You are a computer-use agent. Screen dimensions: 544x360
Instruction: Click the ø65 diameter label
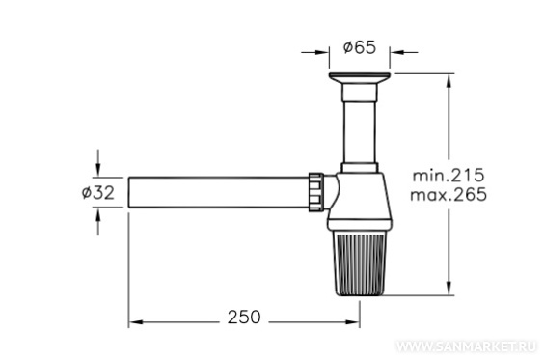[x=360, y=47]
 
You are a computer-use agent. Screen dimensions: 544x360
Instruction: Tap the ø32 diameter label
[x=98, y=193]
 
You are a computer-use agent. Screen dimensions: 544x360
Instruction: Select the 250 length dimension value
[x=244, y=318]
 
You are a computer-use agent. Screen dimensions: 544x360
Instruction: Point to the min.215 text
[x=448, y=175]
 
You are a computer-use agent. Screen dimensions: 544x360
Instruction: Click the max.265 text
[x=449, y=194]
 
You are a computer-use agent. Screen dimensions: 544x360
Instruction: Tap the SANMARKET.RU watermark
[x=466, y=346]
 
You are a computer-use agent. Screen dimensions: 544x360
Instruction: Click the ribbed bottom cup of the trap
[x=360, y=263]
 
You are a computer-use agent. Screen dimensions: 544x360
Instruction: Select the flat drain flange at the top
[x=360, y=78]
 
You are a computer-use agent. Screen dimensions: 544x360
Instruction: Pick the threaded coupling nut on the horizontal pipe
[x=315, y=191]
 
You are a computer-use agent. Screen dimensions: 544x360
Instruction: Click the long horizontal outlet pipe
[x=218, y=192]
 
